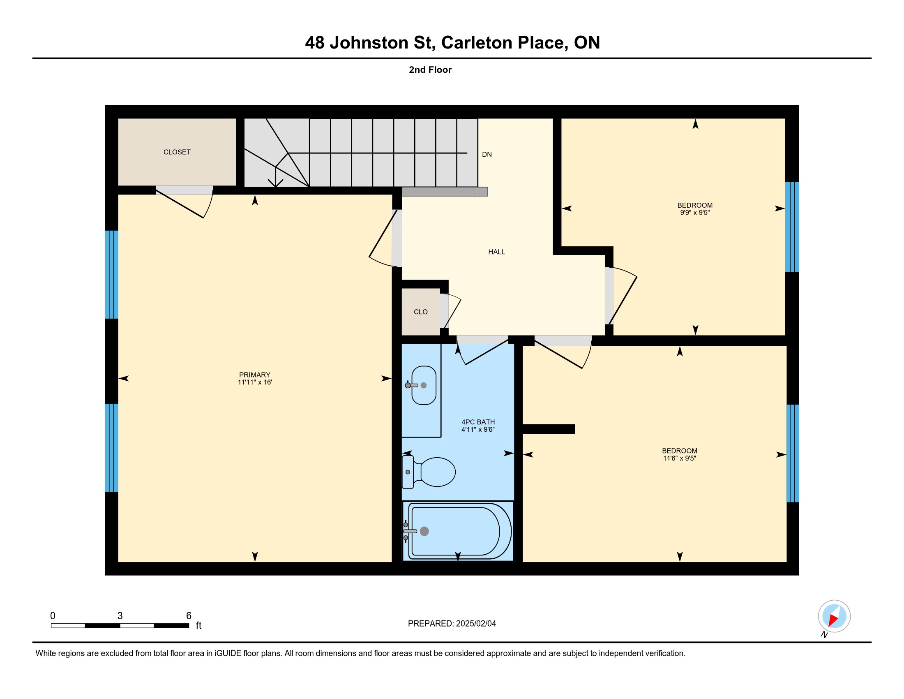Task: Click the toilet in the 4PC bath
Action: point(429,472)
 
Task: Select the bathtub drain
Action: point(424,531)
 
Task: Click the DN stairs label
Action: point(487,155)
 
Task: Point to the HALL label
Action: point(497,252)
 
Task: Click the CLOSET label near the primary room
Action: point(177,152)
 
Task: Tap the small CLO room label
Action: point(420,312)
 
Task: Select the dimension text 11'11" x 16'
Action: point(255,382)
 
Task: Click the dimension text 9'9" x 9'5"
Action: point(695,213)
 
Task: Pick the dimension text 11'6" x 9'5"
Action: point(680,458)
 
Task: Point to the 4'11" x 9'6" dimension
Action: point(478,429)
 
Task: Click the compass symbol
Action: point(834,616)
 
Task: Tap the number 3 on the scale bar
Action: point(120,616)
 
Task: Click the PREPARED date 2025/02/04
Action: point(476,624)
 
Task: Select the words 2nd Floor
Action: point(430,70)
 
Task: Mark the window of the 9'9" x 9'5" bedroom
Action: point(792,227)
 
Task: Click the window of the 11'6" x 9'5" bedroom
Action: point(793,454)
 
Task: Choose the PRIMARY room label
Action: point(255,375)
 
